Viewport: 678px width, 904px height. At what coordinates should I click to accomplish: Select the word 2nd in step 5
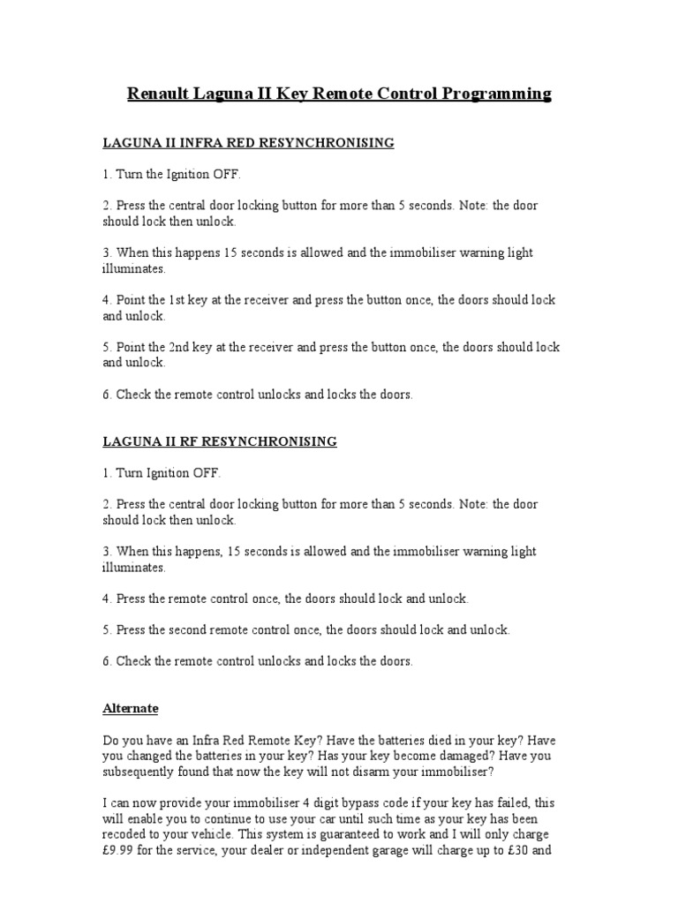tap(181, 348)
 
